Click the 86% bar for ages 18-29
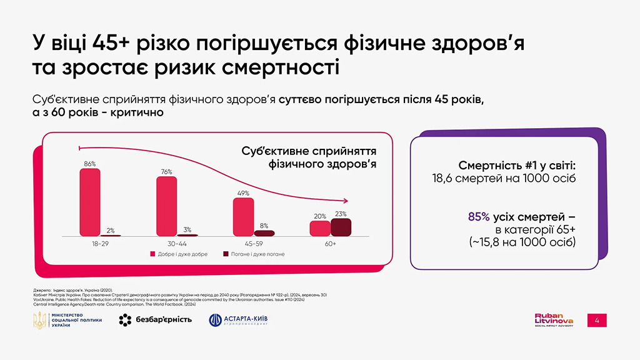[90, 202]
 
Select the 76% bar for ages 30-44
[166, 206]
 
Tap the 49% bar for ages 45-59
[243, 217]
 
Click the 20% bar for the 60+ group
[320, 229]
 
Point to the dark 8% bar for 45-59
[264, 233]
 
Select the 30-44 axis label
[177, 243]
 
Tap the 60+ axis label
[330, 243]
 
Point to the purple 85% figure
[479, 216]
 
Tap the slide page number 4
[597, 321]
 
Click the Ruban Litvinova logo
[553, 320]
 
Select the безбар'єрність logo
[155, 321]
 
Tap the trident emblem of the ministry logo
[39, 321]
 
